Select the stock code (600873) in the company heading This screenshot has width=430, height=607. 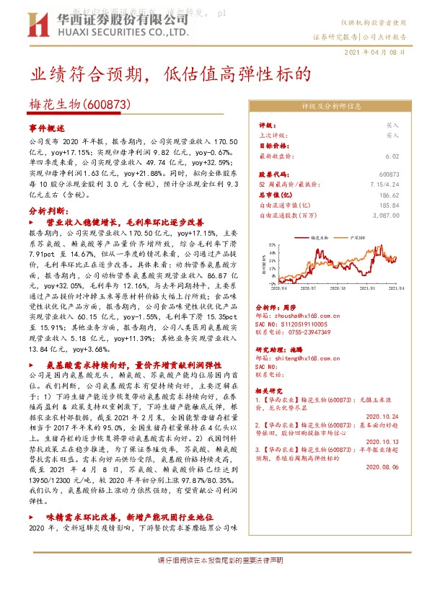pyautogui.click(x=108, y=104)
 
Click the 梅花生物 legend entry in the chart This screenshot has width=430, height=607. pyautogui.click(x=318, y=236)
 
